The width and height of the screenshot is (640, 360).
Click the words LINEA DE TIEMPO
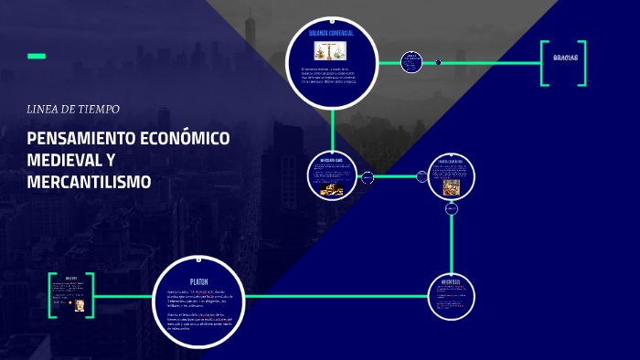coord(73,109)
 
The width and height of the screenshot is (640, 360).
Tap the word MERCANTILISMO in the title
coord(89,182)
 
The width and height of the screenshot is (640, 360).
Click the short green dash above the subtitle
coord(37,57)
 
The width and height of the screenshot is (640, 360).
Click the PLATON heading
coord(198,281)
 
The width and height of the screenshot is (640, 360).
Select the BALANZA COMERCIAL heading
coord(331,33)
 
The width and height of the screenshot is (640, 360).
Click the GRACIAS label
coord(566,58)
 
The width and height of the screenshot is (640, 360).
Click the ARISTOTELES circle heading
coord(451,282)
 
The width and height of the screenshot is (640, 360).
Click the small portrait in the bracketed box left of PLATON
coord(80,306)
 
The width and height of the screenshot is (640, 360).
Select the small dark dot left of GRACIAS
coord(438,62)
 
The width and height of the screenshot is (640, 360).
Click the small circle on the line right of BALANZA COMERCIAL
coord(411,62)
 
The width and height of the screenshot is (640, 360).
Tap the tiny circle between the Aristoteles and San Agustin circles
coord(451,209)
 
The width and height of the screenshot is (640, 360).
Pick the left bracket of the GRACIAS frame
coord(544,63)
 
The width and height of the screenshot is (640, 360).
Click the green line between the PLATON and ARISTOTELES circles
coord(338,296)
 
